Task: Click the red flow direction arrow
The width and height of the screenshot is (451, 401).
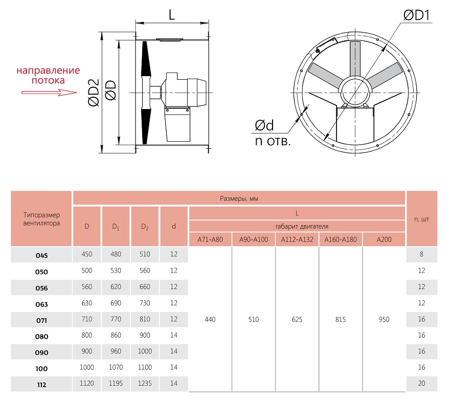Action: click(50, 93)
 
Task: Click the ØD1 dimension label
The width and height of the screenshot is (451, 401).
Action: click(416, 15)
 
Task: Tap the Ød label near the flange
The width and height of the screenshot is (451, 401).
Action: click(264, 125)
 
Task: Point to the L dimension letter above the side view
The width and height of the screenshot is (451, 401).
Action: click(172, 15)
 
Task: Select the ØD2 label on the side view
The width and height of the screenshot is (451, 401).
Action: click(94, 93)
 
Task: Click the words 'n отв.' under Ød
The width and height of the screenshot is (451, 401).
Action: click(273, 141)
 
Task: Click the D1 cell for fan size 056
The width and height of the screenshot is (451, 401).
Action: click(116, 287)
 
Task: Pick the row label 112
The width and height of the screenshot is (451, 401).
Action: click(41, 385)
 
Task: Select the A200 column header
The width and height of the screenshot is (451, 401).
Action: click(384, 239)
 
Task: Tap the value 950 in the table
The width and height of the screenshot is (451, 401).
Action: click(384, 319)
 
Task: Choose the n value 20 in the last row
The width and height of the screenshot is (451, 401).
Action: click(421, 383)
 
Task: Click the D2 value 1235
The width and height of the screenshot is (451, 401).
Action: click(145, 383)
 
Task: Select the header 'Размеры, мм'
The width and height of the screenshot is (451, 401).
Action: click(239, 198)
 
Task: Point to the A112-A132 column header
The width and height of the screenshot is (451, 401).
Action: click(297, 239)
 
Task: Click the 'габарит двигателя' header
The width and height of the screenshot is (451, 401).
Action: click(302, 227)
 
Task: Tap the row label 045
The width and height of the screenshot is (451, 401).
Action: click(41, 255)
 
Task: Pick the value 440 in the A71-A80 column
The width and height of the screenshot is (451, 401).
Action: click(210, 319)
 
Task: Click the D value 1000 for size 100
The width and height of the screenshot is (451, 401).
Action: click(86, 367)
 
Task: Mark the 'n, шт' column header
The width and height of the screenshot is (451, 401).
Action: click(421, 219)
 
